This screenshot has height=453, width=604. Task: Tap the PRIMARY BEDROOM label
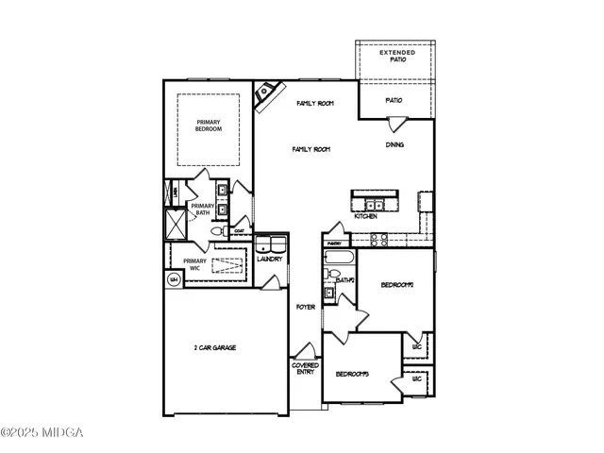point(209,126)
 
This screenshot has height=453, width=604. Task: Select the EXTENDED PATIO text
point(397,56)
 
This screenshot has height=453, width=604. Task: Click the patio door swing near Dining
point(396,122)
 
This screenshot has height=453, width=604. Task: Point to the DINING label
point(396,145)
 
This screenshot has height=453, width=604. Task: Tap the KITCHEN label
point(366,217)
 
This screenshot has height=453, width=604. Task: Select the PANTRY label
point(335,243)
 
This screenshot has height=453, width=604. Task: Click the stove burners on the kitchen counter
point(426,203)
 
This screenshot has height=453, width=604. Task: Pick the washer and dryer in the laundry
point(270,243)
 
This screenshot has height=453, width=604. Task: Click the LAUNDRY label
point(270,259)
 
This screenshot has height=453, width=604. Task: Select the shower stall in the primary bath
point(175,224)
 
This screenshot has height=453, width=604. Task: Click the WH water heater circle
point(175,279)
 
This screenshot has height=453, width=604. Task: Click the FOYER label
point(305,308)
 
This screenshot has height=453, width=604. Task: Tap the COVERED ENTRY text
point(305,369)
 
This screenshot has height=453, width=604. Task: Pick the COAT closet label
point(240,230)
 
